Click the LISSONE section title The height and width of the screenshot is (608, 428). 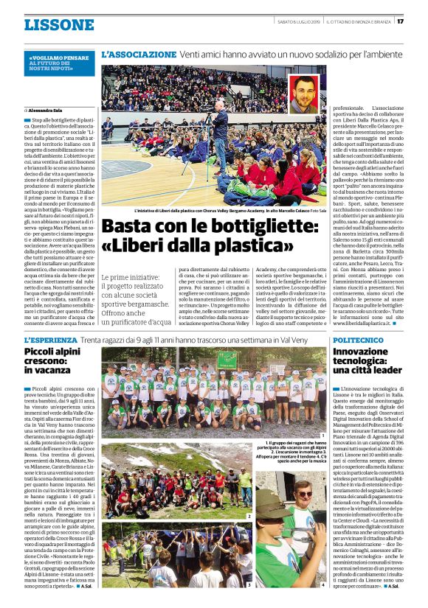tap(58, 24)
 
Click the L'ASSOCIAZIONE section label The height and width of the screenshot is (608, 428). tap(139, 55)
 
